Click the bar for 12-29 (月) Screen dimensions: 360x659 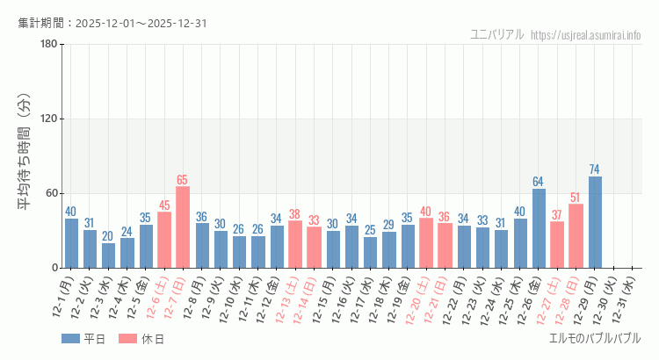click(x=595, y=222)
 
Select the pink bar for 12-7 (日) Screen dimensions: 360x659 click(x=183, y=227)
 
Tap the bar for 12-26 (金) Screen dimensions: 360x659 click(x=539, y=228)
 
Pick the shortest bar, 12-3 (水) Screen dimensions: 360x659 click(x=108, y=256)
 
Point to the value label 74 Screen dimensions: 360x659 click(x=595, y=169)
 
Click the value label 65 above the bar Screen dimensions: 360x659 click(x=183, y=180)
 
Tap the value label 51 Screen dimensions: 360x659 click(x=576, y=198)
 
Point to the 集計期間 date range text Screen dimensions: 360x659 click(x=112, y=24)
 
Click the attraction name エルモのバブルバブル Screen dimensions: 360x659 click(x=594, y=338)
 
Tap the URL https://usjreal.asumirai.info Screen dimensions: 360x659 click(x=587, y=35)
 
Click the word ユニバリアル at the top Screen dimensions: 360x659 click(x=497, y=35)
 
